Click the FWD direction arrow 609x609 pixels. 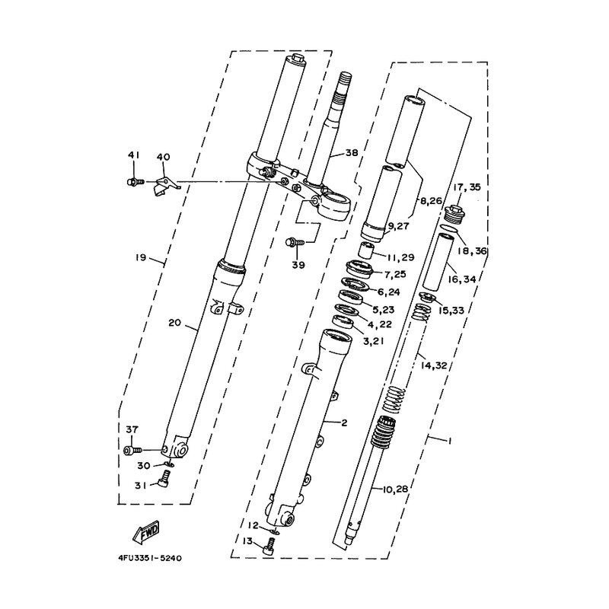[146, 531]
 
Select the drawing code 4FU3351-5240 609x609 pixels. [150, 559]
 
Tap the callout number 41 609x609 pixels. [134, 155]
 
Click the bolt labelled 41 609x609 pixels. [136, 181]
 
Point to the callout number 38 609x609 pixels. [351, 153]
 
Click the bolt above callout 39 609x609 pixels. [295, 242]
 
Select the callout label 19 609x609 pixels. [141, 257]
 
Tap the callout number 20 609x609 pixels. [175, 322]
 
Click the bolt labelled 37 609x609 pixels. [132, 451]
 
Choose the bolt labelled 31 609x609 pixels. [164, 478]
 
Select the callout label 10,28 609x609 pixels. [395, 489]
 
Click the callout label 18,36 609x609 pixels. [471, 251]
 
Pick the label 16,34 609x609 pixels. [461, 279]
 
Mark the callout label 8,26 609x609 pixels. [432, 201]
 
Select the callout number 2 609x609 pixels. [344, 422]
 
